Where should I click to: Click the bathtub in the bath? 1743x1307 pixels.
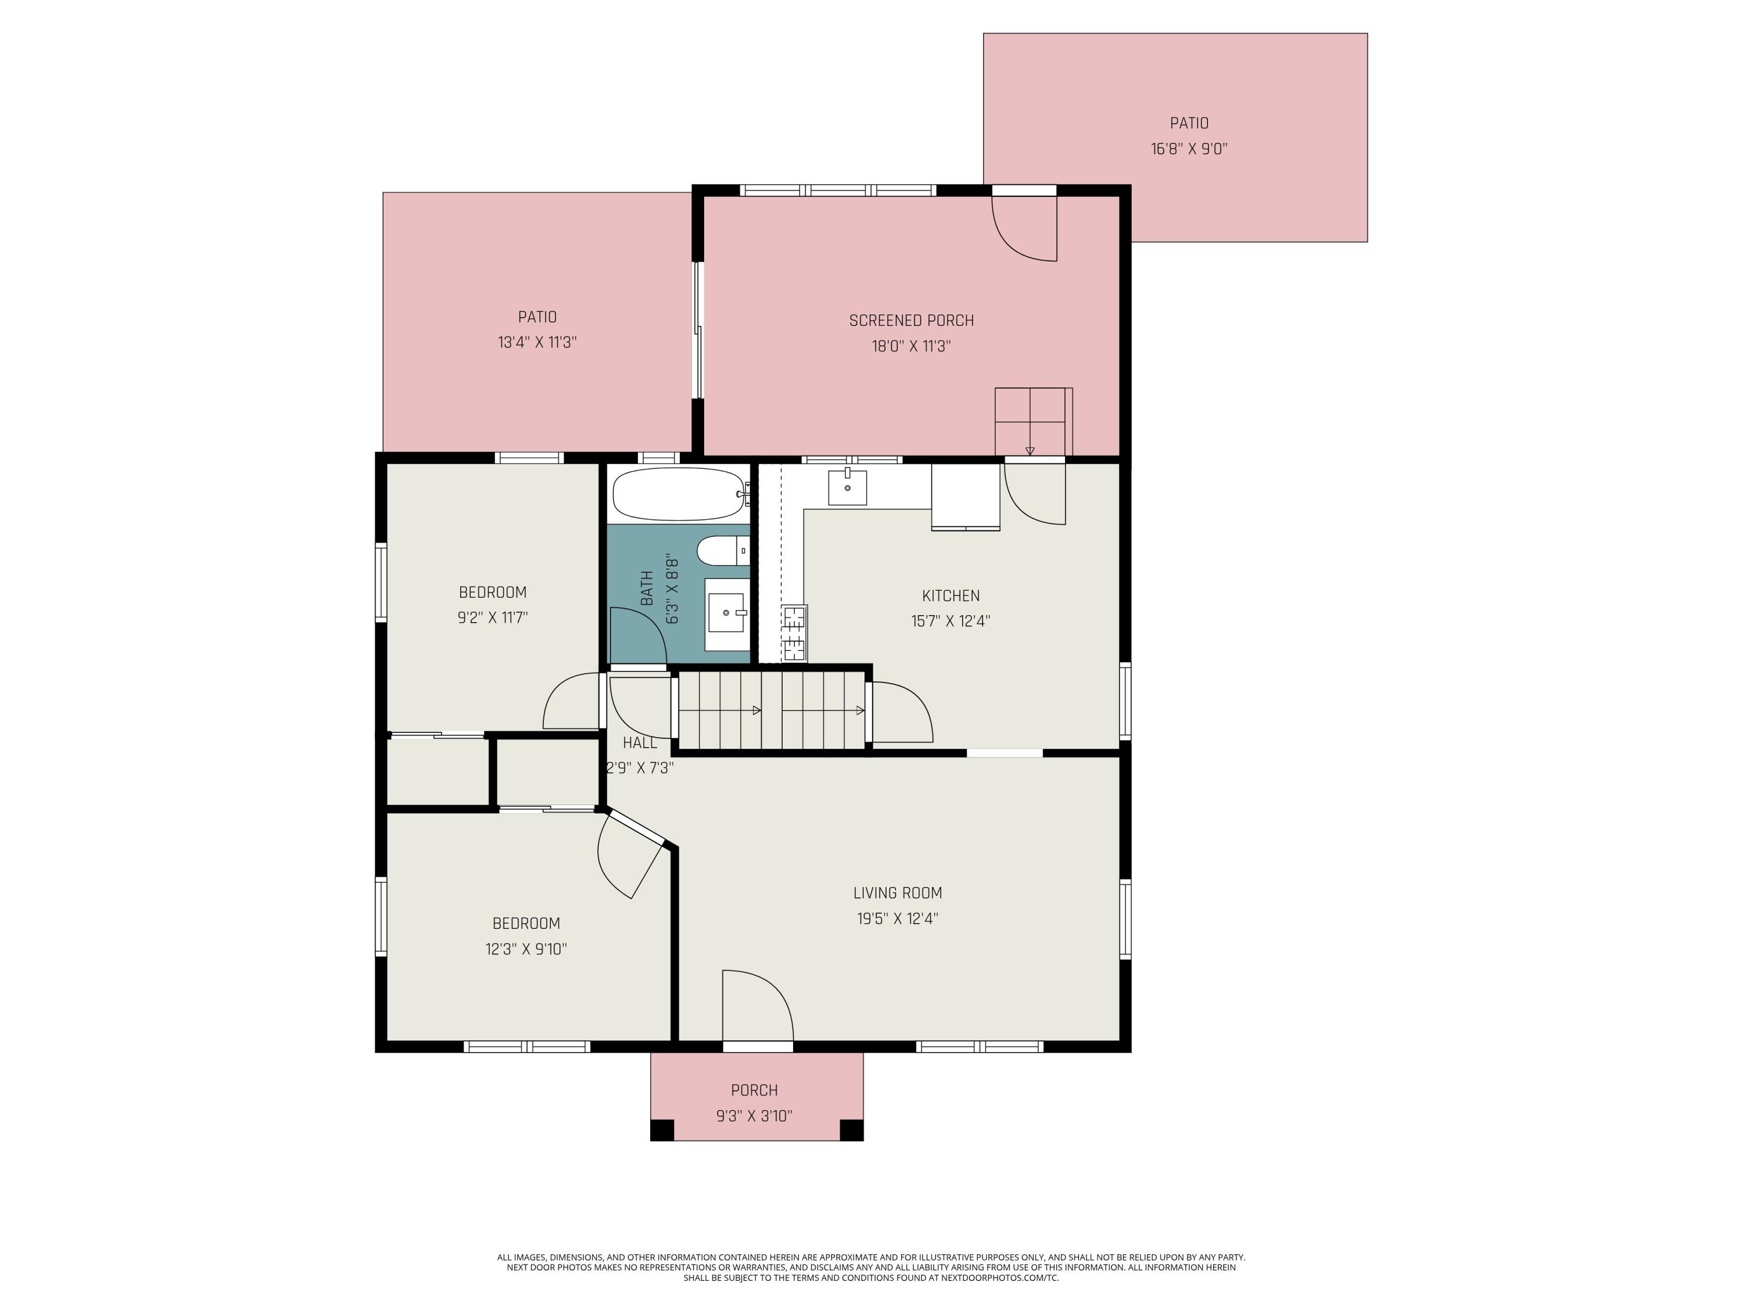(x=677, y=494)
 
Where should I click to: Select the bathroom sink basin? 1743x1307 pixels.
(x=726, y=613)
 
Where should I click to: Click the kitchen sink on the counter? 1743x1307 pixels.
(x=847, y=488)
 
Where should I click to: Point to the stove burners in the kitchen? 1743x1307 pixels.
(x=794, y=633)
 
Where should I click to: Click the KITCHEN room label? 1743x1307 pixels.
(x=951, y=595)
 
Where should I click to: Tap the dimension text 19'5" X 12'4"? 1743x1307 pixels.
(x=898, y=918)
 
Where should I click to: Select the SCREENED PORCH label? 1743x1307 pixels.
(x=911, y=321)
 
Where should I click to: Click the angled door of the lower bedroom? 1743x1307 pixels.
(x=630, y=855)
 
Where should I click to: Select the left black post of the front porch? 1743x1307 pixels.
(x=662, y=1130)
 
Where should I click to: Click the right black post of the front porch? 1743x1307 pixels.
(x=851, y=1130)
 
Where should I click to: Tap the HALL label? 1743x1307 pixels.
(x=639, y=742)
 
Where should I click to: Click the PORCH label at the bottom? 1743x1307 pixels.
(x=754, y=1090)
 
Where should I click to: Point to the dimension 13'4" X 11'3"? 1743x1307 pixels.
(x=537, y=343)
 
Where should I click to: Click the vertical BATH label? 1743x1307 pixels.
(x=647, y=588)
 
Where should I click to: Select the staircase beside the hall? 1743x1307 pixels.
(x=772, y=709)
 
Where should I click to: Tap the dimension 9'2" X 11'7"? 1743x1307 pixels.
(x=493, y=617)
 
